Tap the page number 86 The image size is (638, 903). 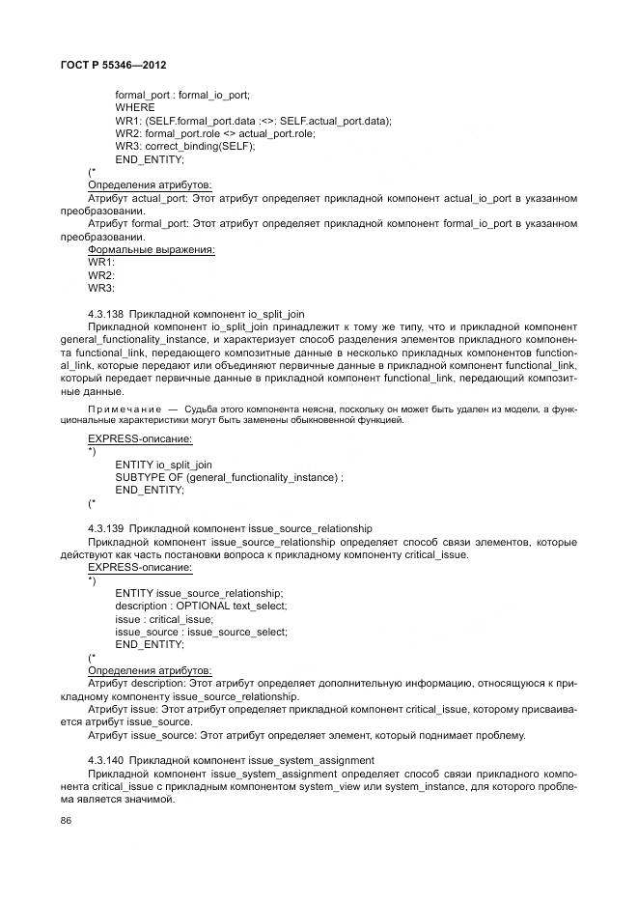coord(67,821)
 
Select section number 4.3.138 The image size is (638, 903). coord(104,314)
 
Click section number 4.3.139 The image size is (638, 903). coord(104,528)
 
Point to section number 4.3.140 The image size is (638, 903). coord(104,761)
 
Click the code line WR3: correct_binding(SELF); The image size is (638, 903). coord(184,146)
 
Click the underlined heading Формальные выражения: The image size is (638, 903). coord(151,249)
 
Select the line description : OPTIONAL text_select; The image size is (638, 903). coord(201,606)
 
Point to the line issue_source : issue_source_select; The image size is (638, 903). coord(201,631)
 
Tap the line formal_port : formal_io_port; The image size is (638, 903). coord(182,96)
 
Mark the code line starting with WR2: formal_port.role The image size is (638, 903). coord(214,133)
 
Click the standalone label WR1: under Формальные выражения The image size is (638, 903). coord(101,262)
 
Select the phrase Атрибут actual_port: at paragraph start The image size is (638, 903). coord(136,198)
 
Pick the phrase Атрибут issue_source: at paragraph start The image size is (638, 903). coord(139,736)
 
